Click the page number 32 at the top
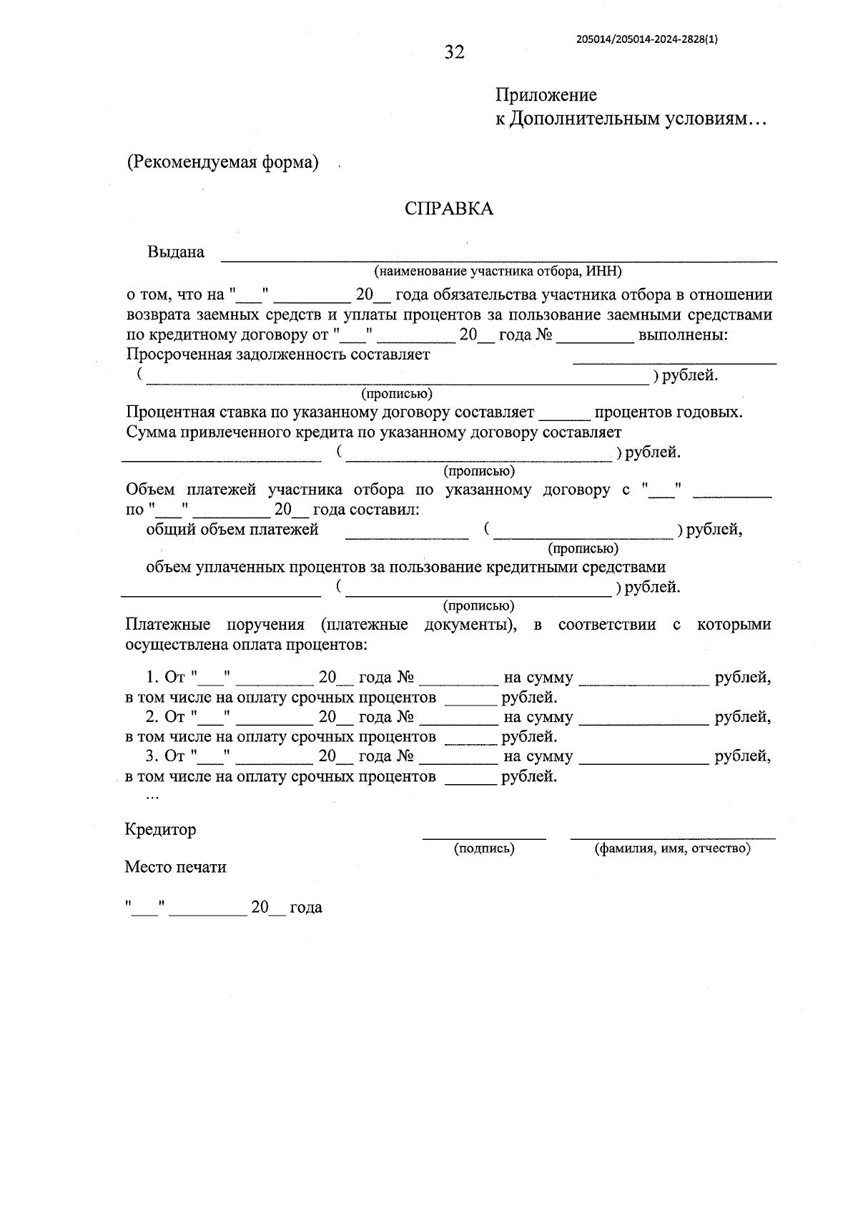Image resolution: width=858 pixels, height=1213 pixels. tap(454, 52)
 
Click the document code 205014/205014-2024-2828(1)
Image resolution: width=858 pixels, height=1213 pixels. tap(646, 40)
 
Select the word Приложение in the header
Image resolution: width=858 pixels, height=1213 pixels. tap(546, 95)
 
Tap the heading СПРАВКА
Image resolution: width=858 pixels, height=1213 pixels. tap(448, 209)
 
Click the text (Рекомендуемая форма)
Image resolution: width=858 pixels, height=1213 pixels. tap(222, 162)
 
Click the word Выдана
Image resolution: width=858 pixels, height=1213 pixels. tap(175, 252)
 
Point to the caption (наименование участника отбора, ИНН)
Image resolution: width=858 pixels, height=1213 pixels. tap(498, 272)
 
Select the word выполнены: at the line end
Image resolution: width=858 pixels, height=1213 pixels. tap(683, 335)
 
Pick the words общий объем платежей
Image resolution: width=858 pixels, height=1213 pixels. tap(232, 530)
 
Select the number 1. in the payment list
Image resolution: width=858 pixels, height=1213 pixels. tap(152, 677)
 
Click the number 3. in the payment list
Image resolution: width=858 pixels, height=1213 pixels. tap(152, 756)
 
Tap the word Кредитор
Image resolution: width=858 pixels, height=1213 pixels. tap(160, 830)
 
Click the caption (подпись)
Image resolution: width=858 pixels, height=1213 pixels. tap(484, 848)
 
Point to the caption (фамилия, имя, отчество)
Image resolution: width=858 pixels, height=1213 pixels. tap(672, 848)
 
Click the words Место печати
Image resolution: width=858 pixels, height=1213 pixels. tap(175, 867)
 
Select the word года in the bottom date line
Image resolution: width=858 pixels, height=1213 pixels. tap(305, 908)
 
